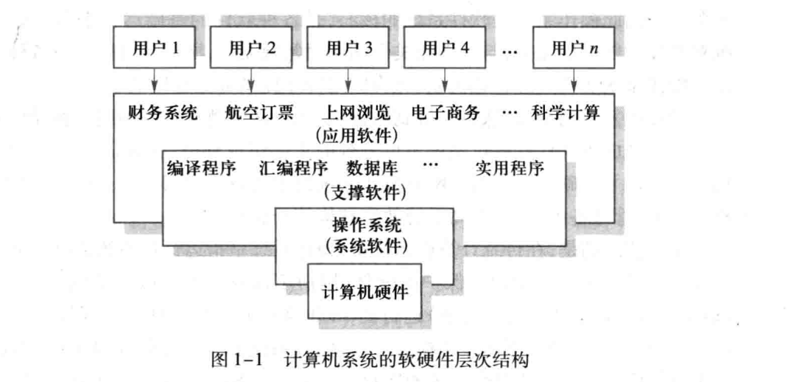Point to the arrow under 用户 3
pyautogui.click(x=348, y=80)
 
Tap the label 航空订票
pyautogui.click(x=259, y=113)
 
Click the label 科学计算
pyautogui.click(x=565, y=113)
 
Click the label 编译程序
pyautogui.click(x=202, y=167)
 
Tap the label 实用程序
pyautogui.click(x=510, y=167)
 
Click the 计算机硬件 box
pyautogui.click(x=365, y=290)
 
